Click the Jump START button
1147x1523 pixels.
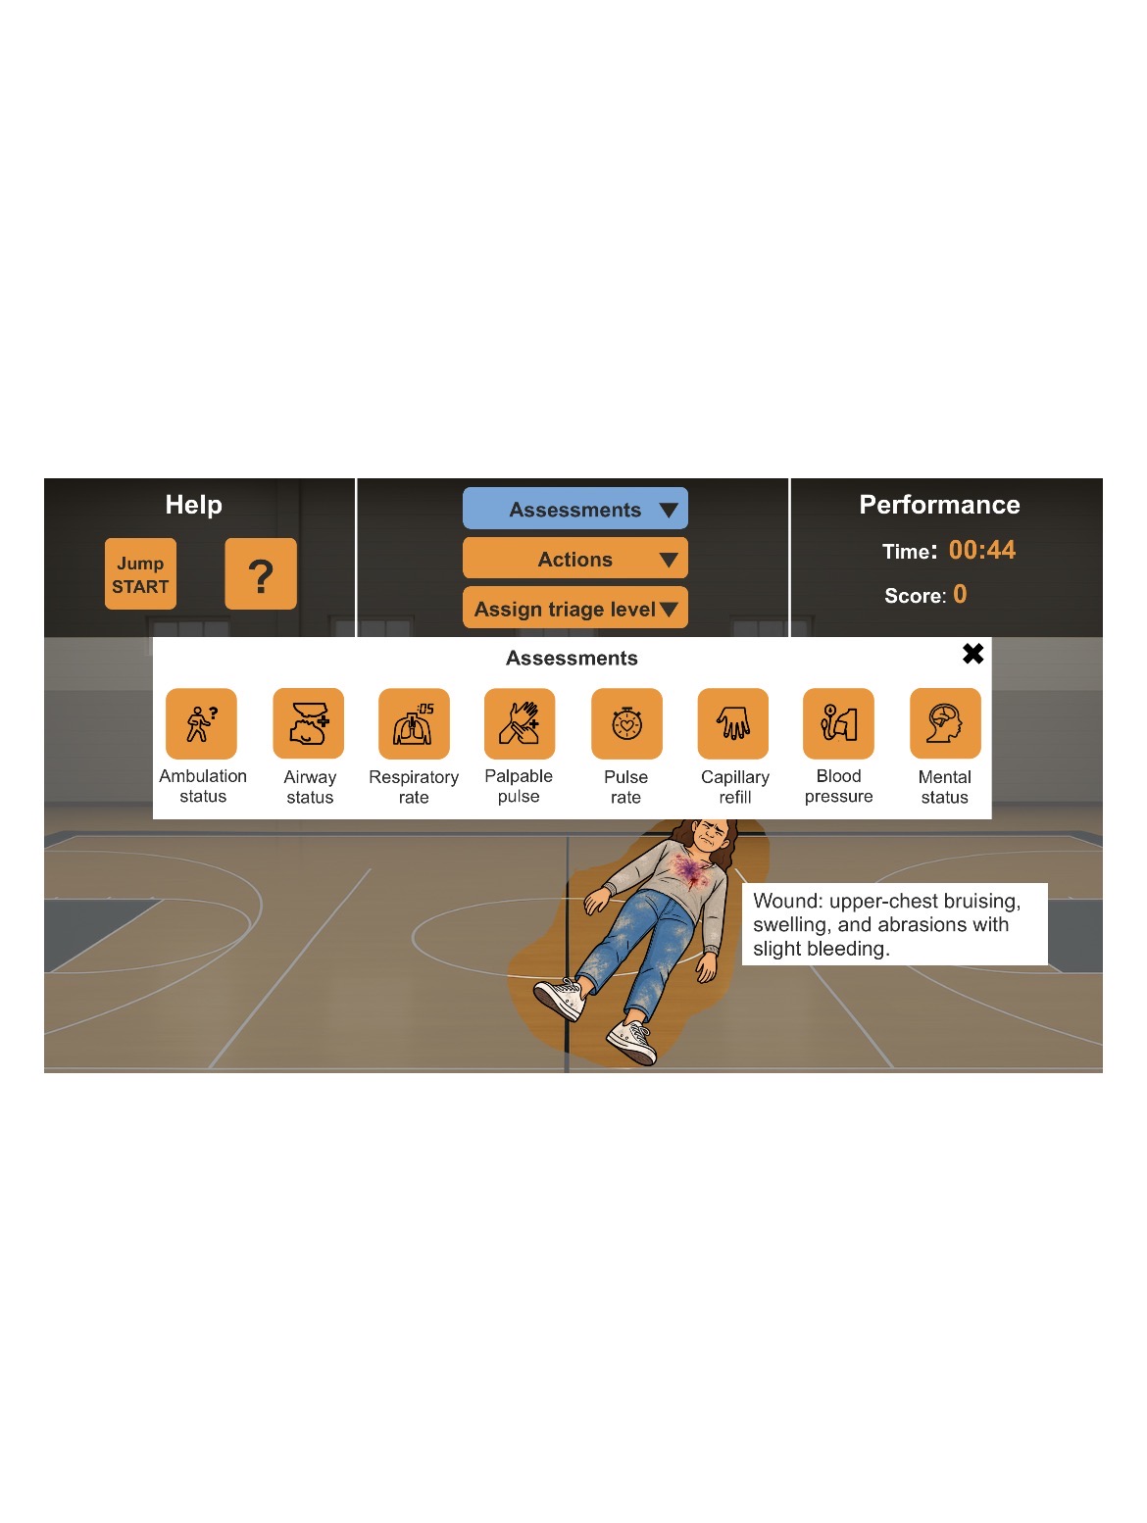(x=140, y=573)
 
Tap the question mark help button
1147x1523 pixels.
(x=260, y=573)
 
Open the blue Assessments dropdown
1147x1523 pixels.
(x=574, y=508)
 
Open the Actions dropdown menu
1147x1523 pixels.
(x=574, y=558)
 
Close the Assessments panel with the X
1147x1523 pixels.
(x=972, y=653)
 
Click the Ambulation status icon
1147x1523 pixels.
(x=201, y=723)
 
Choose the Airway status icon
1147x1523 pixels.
(x=308, y=723)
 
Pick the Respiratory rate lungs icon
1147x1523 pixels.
(x=414, y=723)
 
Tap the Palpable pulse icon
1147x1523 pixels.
(x=520, y=723)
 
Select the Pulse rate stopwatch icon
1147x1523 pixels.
(x=626, y=723)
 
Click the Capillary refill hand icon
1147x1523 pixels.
(x=732, y=723)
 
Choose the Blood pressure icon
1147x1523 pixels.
(x=838, y=723)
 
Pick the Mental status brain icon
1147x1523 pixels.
(x=945, y=723)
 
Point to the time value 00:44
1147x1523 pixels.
(x=982, y=550)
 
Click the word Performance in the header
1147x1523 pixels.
(x=939, y=505)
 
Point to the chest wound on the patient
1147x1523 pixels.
(x=690, y=871)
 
